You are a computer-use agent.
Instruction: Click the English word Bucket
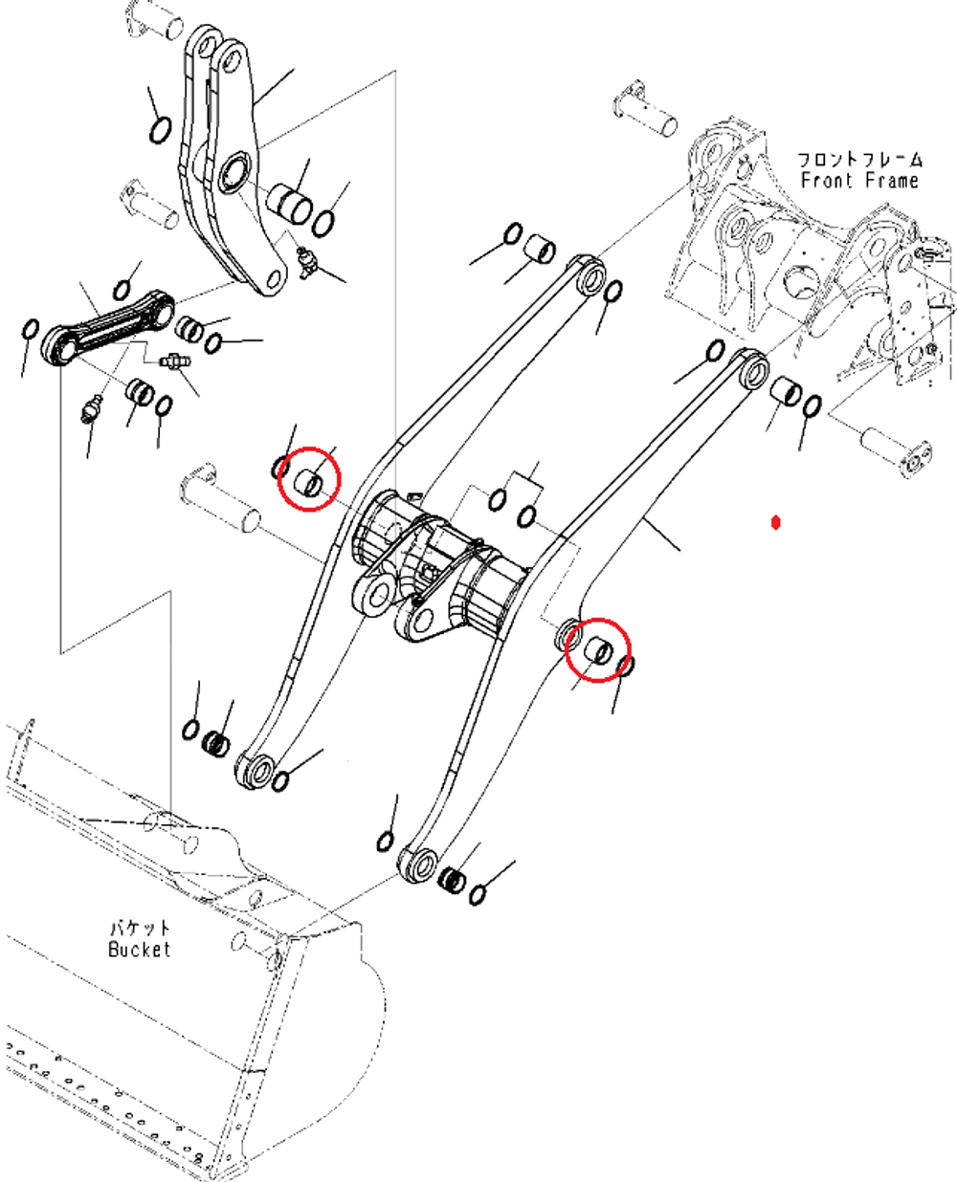[140, 949]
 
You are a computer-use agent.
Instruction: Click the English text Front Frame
[859, 181]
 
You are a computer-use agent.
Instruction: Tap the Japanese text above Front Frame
[859, 160]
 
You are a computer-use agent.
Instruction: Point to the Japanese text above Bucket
[140, 928]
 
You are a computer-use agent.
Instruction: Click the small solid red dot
[776, 522]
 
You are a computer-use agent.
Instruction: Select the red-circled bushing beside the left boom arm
[308, 482]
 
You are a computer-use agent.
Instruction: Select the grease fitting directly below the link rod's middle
[175, 361]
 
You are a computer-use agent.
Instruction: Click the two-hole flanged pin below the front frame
[897, 450]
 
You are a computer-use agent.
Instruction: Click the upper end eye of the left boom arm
[591, 277]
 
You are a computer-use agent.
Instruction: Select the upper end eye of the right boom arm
[754, 370]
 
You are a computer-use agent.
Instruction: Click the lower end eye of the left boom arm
[255, 770]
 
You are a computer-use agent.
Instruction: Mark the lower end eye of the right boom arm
[418, 865]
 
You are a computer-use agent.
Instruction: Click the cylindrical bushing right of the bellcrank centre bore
[289, 205]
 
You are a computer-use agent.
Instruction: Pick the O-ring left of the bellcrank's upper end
[161, 130]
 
